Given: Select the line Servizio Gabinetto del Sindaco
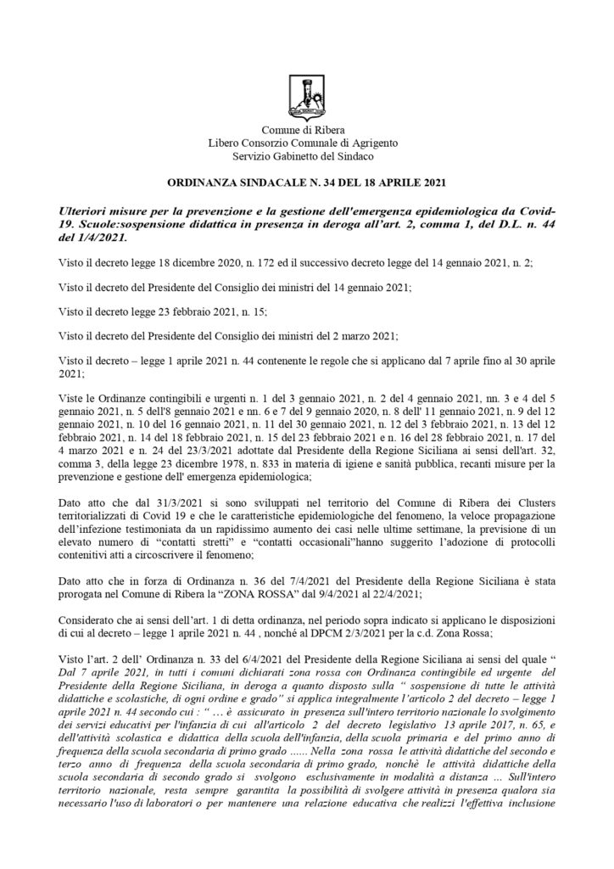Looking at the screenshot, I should [307, 156].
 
